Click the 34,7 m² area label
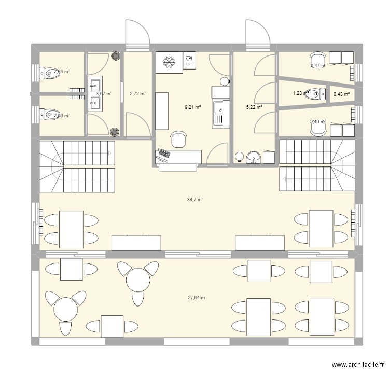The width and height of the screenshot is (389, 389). [195, 199]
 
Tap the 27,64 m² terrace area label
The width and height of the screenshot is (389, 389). [197, 297]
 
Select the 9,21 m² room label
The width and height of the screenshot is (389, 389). [192, 108]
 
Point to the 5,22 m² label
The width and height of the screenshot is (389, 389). [254, 107]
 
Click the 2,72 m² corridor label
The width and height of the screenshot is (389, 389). [137, 94]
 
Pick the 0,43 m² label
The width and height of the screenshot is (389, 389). [341, 94]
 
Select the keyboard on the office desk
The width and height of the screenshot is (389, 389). [164, 154]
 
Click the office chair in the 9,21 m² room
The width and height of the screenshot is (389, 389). [179, 139]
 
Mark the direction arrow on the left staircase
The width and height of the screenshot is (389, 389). [110, 153]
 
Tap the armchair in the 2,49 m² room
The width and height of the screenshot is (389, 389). [317, 129]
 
